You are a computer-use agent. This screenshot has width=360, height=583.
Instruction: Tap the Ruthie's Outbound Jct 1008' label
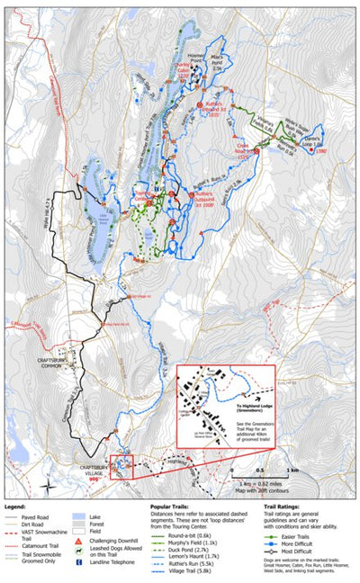[202, 197]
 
